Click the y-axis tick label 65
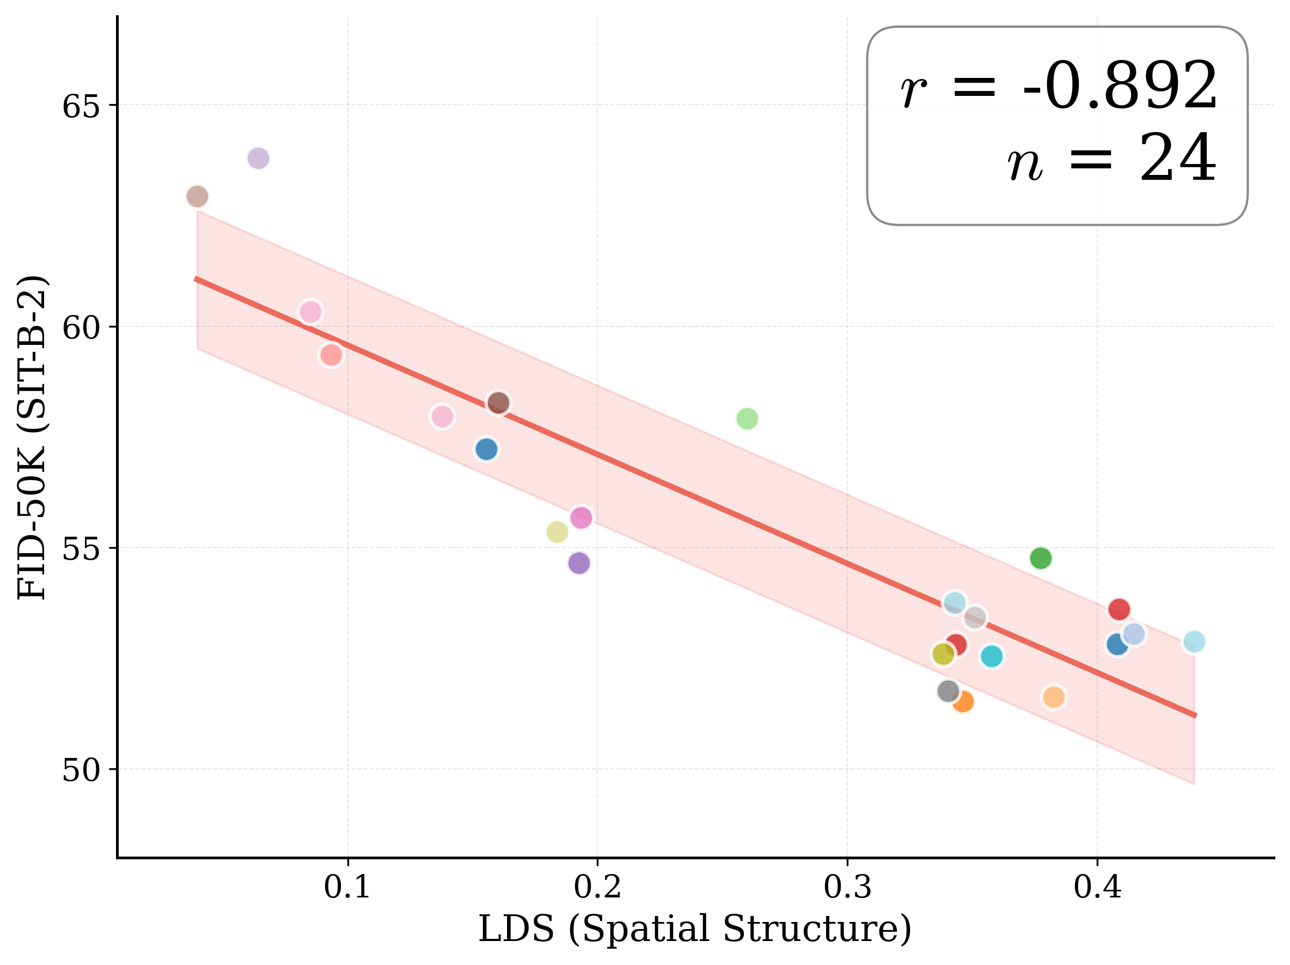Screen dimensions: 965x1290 [x=81, y=107]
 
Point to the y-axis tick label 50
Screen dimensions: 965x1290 [x=81, y=770]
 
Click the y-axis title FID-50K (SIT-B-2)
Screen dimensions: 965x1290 [x=32, y=437]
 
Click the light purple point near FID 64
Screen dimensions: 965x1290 [x=258, y=158]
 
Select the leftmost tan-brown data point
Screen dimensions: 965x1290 [x=197, y=197]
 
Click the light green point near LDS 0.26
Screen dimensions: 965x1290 [x=747, y=418]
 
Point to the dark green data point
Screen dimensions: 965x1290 [x=1041, y=559]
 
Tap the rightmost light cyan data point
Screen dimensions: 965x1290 [x=1194, y=642]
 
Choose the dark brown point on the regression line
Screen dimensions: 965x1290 [x=499, y=403]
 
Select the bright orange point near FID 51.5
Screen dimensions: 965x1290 [x=963, y=701]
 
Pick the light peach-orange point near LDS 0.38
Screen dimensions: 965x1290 [x=1053, y=697]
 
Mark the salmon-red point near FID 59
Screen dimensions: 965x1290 [x=331, y=355]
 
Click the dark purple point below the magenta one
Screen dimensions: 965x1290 [x=578, y=563]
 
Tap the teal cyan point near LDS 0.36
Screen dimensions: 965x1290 [x=992, y=657]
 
